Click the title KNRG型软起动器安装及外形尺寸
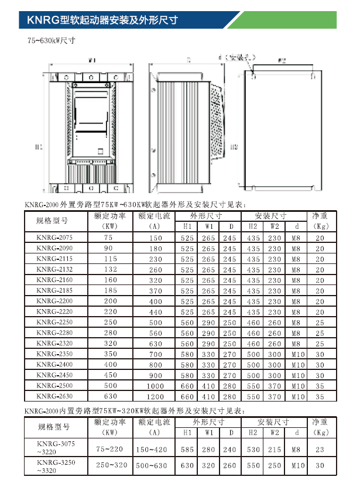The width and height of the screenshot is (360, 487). tap(99, 20)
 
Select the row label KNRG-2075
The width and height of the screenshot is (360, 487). tap(54, 238)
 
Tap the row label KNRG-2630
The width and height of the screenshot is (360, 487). tap(54, 396)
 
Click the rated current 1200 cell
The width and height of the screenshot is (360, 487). tap(155, 396)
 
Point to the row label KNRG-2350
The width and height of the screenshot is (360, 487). tap(54, 354)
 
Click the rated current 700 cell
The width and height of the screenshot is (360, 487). tap(155, 354)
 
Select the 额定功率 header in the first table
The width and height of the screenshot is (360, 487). tap(110, 216)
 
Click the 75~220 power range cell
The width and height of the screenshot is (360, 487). tap(110, 449)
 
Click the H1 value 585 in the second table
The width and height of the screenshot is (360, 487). tap(187, 449)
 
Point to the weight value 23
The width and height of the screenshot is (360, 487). tap(320, 449)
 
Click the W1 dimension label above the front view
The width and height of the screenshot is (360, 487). tap(92, 60)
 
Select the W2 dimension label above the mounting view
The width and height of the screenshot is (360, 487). tap(282, 60)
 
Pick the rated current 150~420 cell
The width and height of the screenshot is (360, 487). tap(155, 449)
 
